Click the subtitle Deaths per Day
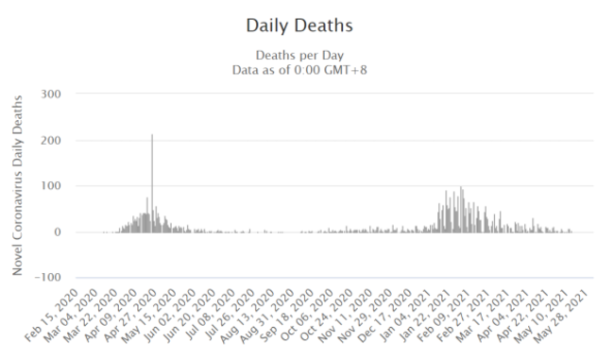coord(306,55)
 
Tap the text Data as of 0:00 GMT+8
coord(306,69)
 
